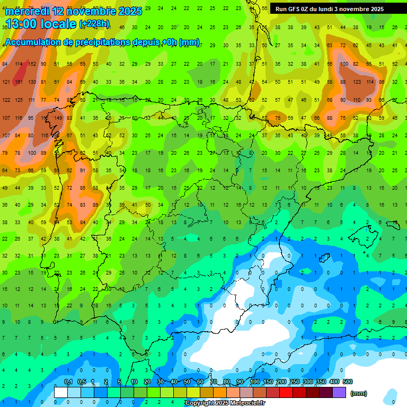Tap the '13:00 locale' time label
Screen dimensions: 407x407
click(x=40, y=24)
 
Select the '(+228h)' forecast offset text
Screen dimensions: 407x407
click(x=94, y=24)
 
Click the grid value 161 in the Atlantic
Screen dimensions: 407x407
click(x=19, y=82)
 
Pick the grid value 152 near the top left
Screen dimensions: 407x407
click(x=32, y=64)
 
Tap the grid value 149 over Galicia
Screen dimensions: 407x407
click(x=58, y=118)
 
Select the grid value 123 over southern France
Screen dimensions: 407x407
click(x=356, y=82)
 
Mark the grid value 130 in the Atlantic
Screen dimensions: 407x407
click(x=32, y=82)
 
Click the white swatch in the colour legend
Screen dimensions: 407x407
click(x=61, y=393)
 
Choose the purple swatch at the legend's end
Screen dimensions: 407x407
click(x=339, y=393)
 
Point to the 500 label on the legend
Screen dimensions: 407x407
click(x=348, y=382)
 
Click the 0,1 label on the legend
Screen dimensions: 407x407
click(x=68, y=382)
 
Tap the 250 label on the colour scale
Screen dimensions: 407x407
click(x=294, y=382)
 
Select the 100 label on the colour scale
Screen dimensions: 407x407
click(x=254, y=382)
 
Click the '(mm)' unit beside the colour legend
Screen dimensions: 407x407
click(x=359, y=393)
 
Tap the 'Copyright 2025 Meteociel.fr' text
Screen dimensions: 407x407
click(x=225, y=403)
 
